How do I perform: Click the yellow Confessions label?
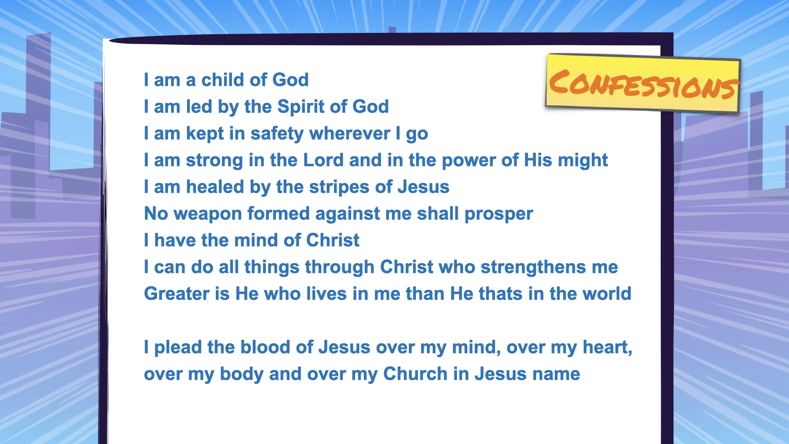coord(643,83)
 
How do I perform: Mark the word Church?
coord(415,374)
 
